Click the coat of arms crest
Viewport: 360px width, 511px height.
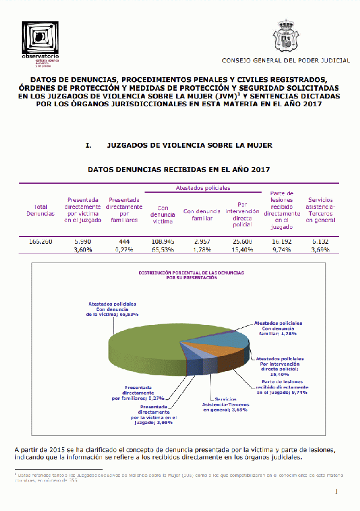286,37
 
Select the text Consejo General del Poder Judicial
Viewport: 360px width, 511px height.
286,61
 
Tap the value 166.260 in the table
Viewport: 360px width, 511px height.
41,241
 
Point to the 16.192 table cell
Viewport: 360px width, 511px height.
281,241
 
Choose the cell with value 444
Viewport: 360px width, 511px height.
124,241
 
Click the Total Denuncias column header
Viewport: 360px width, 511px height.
41,210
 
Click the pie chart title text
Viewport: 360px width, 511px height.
191,275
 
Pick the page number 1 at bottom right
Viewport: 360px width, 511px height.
337,492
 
